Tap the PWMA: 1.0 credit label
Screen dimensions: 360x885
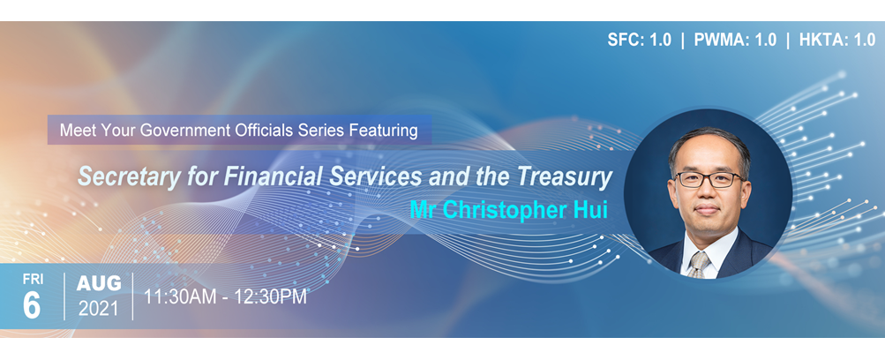pyautogui.click(x=733, y=40)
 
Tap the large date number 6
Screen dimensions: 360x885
pyautogui.click(x=32, y=304)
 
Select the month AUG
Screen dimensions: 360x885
pyautogui.click(x=98, y=284)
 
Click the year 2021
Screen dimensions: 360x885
pyautogui.click(x=98, y=309)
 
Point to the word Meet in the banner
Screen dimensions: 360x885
pyautogui.click(x=77, y=131)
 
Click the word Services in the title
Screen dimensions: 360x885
pyautogui.click(x=377, y=176)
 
